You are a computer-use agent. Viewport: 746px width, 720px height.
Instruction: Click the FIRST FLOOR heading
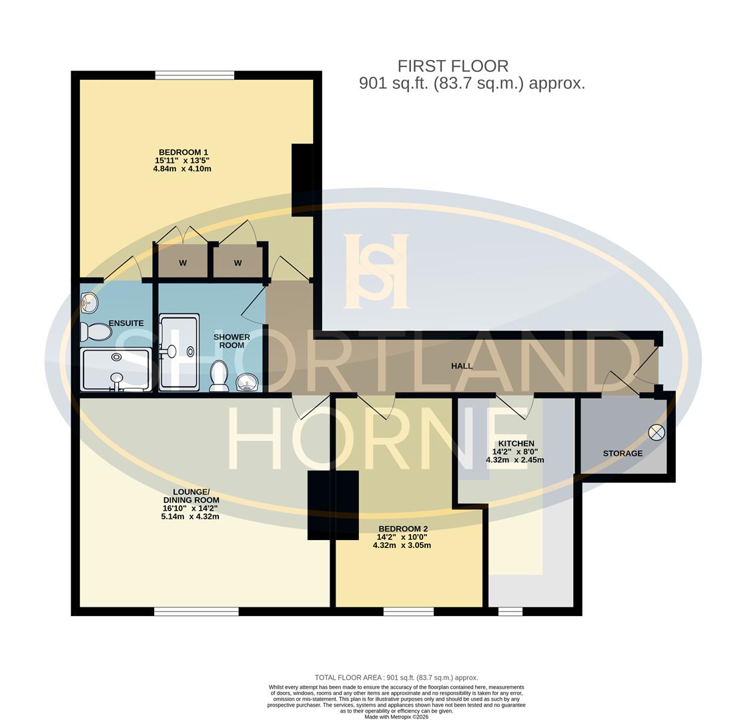pos(452,66)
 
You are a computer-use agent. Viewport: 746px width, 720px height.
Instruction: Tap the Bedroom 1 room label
pos(183,152)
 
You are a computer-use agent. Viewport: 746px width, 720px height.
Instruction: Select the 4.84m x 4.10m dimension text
pos(182,169)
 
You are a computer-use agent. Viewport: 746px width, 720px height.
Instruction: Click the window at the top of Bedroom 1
pos(194,75)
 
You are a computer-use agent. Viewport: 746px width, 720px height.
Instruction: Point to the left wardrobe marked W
pos(182,262)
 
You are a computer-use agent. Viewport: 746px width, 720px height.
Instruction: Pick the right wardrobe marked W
pos(238,262)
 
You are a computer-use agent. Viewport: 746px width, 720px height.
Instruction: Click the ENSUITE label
pos(126,323)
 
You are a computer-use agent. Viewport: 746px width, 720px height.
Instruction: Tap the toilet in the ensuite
pos(95,331)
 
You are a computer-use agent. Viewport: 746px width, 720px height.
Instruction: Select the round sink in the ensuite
pos(89,304)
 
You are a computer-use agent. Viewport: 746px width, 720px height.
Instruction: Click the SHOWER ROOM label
pos(232,341)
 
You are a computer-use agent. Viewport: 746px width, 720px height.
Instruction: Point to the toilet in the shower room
pos(219,376)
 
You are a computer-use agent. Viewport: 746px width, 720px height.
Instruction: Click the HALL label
pos(462,365)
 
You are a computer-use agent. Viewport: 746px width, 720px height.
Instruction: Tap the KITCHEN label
pos(516,443)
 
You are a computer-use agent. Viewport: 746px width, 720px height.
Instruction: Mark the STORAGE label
pos(623,453)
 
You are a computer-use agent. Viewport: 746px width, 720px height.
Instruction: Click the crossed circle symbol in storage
pos(657,433)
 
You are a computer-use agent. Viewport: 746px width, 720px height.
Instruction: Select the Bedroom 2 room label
pos(402,529)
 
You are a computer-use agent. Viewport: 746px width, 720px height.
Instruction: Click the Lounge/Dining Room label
pos(191,495)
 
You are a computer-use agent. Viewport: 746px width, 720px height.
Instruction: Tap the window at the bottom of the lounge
pos(196,611)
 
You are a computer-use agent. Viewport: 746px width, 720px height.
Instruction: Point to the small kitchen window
pos(510,611)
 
